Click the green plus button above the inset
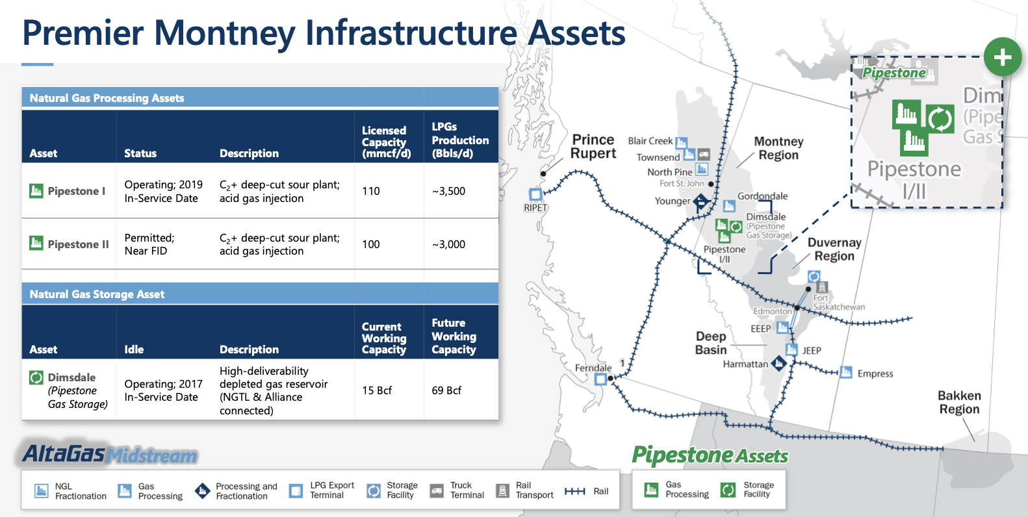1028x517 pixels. click(x=1002, y=57)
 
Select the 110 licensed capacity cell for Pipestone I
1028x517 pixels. click(x=371, y=191)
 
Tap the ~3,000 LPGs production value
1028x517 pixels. click(x=448, y=244)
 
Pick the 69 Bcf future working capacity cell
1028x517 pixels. click(x=446, y=390)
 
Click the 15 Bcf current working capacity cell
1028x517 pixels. click(x=377, y=390)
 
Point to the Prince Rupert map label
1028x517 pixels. click(x=593, y=146)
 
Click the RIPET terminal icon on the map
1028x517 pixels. click(x=535, y=194)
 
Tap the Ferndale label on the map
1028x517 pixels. click(x=593, y=368)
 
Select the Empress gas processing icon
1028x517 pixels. click(x=846, y=372)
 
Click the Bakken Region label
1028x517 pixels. click(x=959, y=402)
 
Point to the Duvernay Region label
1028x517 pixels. click(x=834, y=249)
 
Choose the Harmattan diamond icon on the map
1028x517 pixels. click(x=778, y=364)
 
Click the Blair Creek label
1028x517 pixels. click(x=650, y=141)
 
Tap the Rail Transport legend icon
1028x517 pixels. click(x=503, y=490)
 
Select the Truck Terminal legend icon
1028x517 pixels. click(x=437, y=490)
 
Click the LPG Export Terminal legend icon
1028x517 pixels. click(x=296, y=490)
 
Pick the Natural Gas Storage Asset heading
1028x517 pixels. click(x=97, y=294)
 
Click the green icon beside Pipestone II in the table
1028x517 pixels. click(x=36, y=243)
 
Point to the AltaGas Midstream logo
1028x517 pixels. click(x=110, y=454)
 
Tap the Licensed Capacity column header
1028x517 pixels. click(x=386, y=142)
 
